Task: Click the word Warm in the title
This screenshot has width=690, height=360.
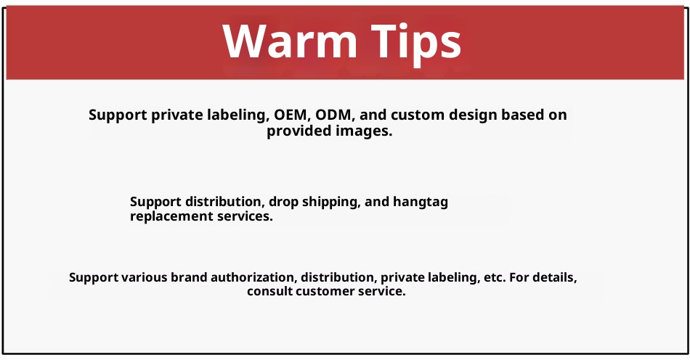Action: pos(290,41)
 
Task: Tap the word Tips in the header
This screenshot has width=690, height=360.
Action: pos(416,43)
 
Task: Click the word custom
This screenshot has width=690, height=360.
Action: pos(418,115)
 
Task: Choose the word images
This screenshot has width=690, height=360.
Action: pos(364,131)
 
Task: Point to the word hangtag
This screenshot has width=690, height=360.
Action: pos(421,202)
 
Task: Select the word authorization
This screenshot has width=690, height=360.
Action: pos(254,277)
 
